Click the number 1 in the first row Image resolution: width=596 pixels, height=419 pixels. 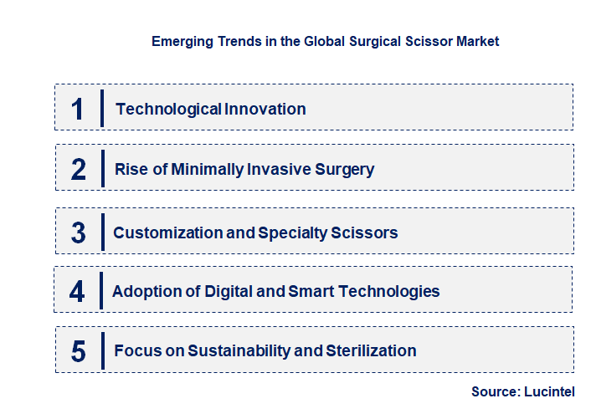tap(78, 109)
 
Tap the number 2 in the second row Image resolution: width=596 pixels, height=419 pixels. tap(78, 170)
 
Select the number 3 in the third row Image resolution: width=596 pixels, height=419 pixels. tap(78, 232)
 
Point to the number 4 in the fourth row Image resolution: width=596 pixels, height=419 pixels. tap(77, 292)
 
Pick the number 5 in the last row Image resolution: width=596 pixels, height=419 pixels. tap(78, 351)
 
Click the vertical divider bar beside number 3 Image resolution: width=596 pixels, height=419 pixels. tap(102, 231)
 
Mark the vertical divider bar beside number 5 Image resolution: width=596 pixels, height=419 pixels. tap(102, 350)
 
